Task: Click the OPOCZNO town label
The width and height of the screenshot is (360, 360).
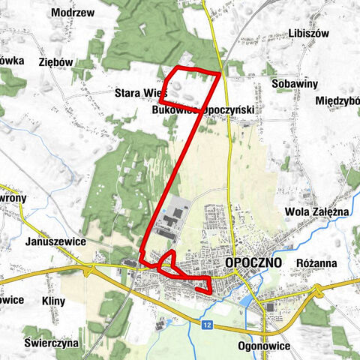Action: (252, 262)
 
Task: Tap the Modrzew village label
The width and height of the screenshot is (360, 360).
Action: (73, 13)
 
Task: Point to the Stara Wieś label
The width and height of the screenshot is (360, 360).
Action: (139, 93)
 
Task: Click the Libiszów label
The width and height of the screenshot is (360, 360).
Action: (308, 34)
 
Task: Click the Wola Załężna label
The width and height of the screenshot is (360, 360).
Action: (318, 212)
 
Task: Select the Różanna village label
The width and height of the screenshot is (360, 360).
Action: (316, 263)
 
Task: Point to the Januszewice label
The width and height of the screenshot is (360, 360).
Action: (55, 242)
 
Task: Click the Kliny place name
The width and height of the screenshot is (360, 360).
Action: (54, 301)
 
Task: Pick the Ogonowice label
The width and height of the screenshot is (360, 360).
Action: (263, 346)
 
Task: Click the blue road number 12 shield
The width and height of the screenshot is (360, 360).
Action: (206, 323)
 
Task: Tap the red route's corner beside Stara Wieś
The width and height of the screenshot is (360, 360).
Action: (162, 100)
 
